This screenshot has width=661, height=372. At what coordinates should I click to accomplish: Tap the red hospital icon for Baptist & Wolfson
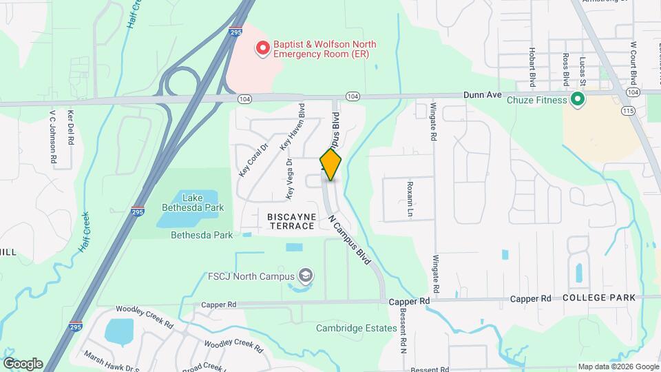(x=262, y=48)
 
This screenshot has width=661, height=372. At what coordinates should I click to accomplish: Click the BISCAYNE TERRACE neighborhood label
(x=292, y=221)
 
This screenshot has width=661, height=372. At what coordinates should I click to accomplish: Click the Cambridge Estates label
(x=356, y=328)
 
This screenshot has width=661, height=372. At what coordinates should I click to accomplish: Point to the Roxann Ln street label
(x=409, y=198)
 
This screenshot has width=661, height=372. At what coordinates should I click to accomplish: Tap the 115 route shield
(x=627, y=110)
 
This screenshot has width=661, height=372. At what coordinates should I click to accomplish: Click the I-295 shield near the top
(x=235, y=31)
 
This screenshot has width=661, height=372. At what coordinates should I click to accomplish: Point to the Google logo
(x=23, y=364)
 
